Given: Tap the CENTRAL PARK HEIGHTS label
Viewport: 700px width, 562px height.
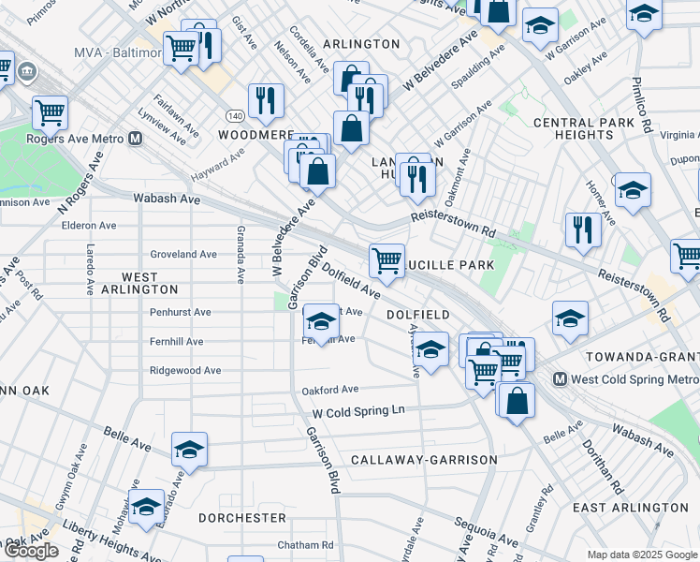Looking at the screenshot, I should click(573, 129).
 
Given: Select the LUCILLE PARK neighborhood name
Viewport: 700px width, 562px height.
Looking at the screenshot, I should click(450, 265).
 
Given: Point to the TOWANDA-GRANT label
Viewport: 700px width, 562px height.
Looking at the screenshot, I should click(642, 358).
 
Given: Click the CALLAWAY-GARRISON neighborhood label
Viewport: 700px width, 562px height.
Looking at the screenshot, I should click(424, 460).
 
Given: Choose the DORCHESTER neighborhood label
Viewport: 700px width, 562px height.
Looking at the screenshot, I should click(242, 517).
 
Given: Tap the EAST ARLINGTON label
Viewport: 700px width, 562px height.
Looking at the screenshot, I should click(630, 508).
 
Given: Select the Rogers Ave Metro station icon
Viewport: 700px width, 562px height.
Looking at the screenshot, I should click(136, 139).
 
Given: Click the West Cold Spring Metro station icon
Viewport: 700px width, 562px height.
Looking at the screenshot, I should click(561, 379).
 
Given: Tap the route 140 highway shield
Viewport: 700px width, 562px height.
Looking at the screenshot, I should click(234, 114).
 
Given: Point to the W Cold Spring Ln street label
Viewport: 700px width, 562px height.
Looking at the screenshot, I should click(358, 411).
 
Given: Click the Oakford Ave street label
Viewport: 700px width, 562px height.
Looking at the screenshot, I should click(329, 390).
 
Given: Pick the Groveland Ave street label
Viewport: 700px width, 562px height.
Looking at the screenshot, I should click(183, 254).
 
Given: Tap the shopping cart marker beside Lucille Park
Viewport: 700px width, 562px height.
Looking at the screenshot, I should click(386, 260).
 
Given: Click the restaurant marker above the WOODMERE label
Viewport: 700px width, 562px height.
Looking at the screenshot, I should click(266, 100).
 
